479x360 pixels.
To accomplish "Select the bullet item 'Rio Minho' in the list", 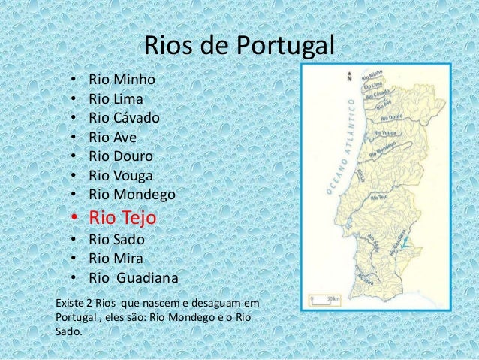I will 122,79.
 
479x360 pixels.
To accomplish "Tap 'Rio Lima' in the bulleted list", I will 116,98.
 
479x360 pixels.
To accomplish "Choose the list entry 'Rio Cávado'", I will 124,117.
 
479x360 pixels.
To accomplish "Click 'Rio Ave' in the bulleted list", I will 113,137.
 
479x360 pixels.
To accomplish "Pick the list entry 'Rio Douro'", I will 121,156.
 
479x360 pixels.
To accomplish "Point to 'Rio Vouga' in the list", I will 121,176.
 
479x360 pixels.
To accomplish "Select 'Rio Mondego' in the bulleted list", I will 131,195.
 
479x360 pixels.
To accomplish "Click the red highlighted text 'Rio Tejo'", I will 123,219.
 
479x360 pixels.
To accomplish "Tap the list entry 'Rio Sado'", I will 116,241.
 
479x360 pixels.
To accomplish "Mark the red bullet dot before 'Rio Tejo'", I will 74,219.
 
